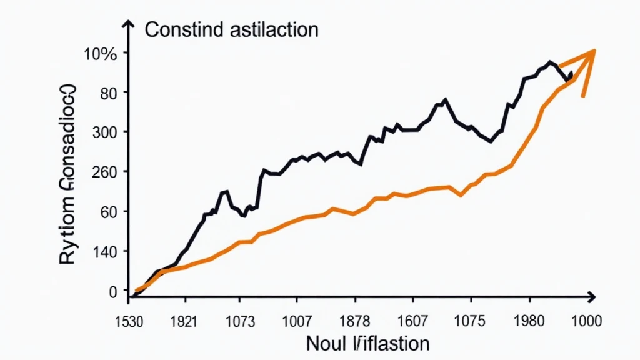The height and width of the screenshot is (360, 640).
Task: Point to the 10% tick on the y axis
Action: pos(101,54)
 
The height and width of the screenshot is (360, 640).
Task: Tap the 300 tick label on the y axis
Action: pos(104,132)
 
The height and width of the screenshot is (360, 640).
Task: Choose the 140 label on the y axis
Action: pos(104,252)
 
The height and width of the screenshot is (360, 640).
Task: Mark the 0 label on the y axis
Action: pos(112,291)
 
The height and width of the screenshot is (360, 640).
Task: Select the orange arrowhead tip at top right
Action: pos(594,51)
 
